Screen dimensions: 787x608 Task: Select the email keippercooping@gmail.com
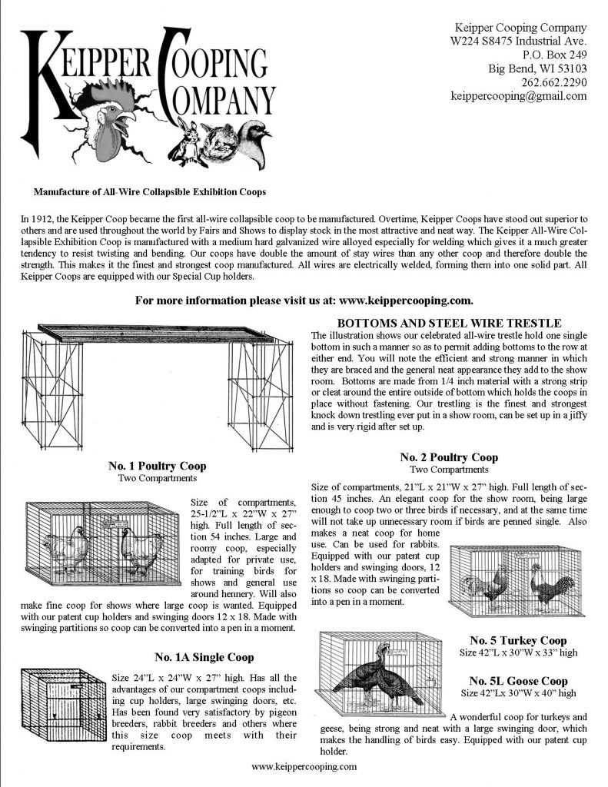[x=519, y=96]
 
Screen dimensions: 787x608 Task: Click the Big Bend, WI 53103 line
[x=537, y=68]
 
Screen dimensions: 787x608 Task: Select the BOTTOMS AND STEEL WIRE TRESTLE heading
[x=449, y=323]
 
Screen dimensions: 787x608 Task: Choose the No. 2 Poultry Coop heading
[x=449, y=458]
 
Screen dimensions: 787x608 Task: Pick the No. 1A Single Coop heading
[x=204, y=657]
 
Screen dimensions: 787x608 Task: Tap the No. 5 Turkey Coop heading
[x=518, y=640]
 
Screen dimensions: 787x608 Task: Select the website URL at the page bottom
[x=304, y=766]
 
